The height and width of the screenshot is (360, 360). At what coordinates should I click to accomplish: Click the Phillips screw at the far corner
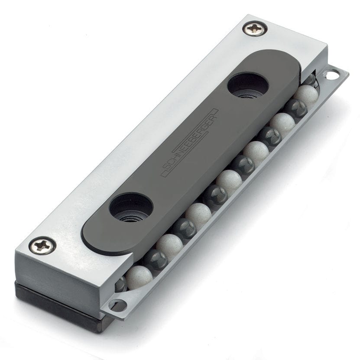pyautogui.click(x=255, y=29)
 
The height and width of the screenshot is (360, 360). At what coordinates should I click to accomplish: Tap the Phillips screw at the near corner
pyautogui.click(x=42, y=246)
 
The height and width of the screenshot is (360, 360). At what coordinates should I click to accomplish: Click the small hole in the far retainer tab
pyautogui.click(x=331, y=75)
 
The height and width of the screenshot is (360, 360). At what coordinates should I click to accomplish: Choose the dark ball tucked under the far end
pyautogui.click(x=310, y=81)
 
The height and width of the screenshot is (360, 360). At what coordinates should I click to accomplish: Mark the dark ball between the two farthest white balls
pyautogui.click(x=296, y=108)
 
